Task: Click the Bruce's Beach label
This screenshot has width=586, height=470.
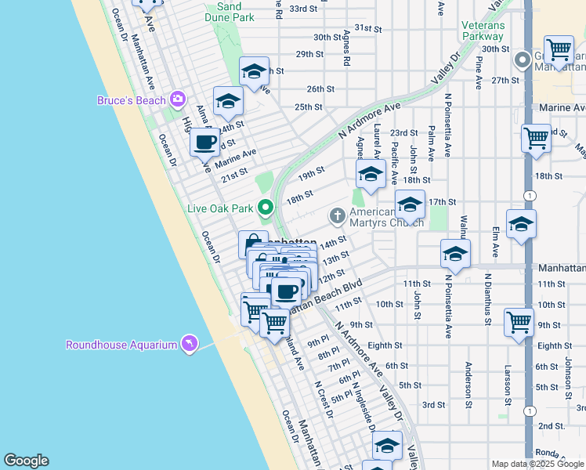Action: [x=132, y=100]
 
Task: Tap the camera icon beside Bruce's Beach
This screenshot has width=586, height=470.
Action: [x=178, y=99]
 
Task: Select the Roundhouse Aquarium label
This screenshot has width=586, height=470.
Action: [x=121, y=345]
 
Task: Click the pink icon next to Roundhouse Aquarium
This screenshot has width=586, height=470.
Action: [x=189, y=344]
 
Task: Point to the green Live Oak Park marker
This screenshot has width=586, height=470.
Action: [x=266, y=208]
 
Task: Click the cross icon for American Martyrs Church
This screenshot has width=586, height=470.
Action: [x=338, y=215]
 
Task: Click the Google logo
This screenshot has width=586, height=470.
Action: [x=26, y=461]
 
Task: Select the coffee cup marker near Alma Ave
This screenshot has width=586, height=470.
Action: [x=205, y=142]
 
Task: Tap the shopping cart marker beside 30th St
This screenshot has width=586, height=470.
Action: [x=559, y=50]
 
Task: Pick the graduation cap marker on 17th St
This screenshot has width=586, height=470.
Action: [x=410, y=204]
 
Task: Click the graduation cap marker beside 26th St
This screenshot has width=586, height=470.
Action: [x=254, y=72]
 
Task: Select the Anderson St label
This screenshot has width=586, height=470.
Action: [x=468, y=385]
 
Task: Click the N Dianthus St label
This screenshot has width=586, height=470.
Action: [x=487, y=298]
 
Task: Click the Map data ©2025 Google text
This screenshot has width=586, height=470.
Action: [x=537, y=464]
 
